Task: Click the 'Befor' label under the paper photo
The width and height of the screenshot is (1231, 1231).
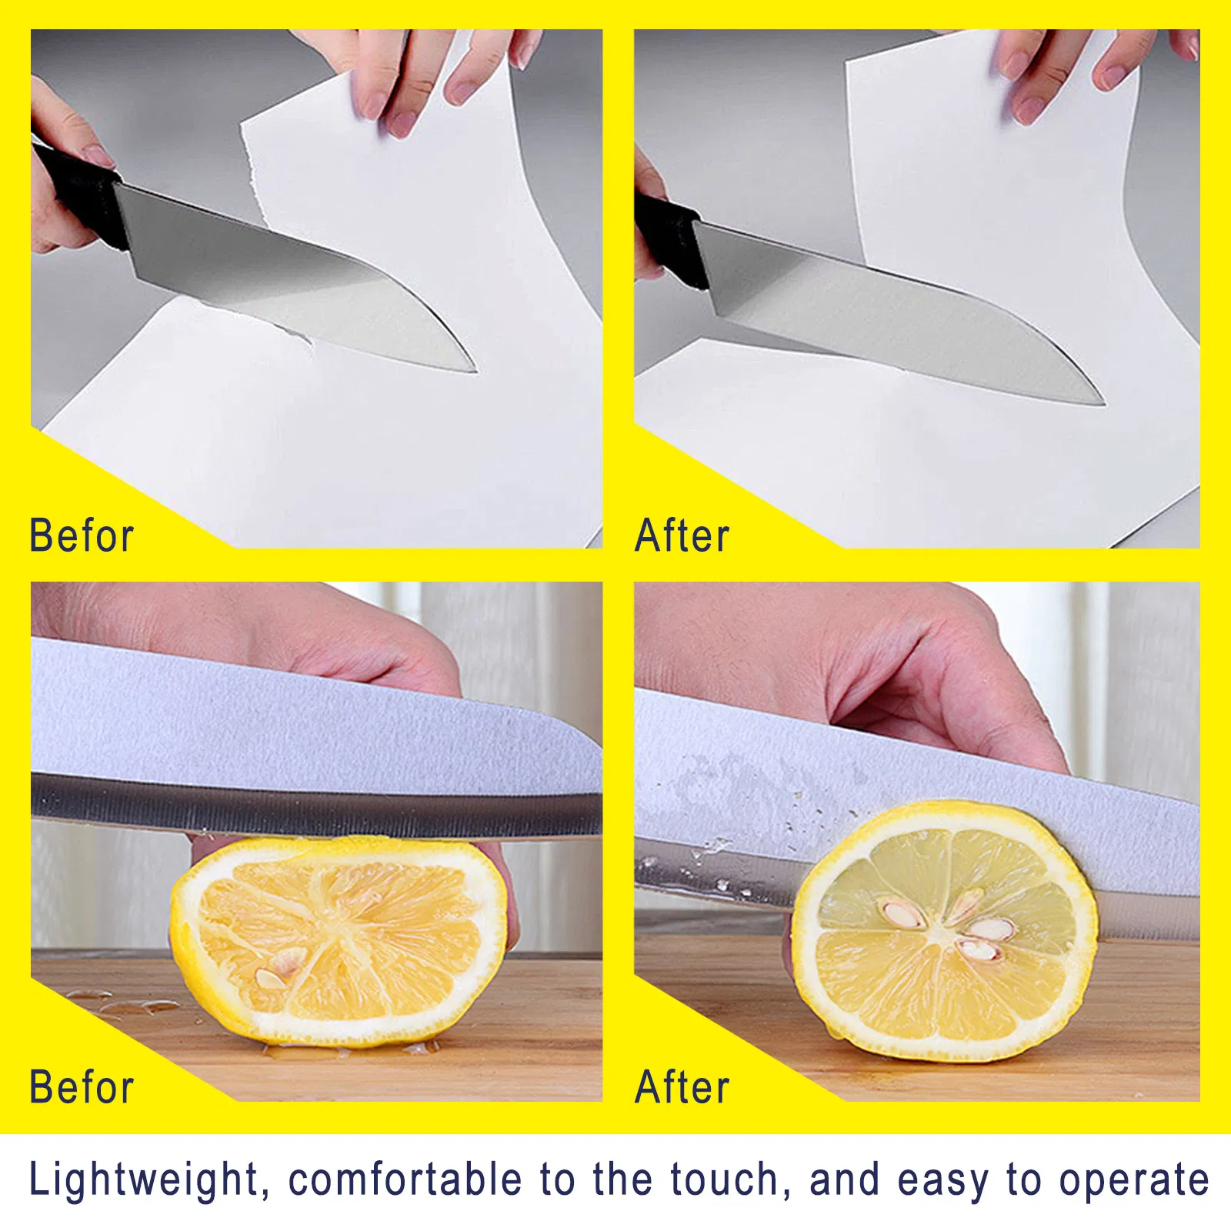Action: pyautogui.click(x=82, y=535)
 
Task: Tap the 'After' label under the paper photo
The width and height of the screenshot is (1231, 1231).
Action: pyautogui.click(x=682, y=535)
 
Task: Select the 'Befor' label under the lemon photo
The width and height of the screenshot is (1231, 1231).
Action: pyautogui.click(x=82, y=1086)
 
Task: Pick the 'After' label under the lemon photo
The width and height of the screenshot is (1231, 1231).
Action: pyautogui.click(x=682, y=1086)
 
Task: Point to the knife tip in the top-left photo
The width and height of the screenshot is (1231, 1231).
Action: pyautogui.click(x=472, y=369)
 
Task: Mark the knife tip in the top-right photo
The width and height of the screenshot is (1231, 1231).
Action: pyautogui.click(x=1102, y=401)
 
